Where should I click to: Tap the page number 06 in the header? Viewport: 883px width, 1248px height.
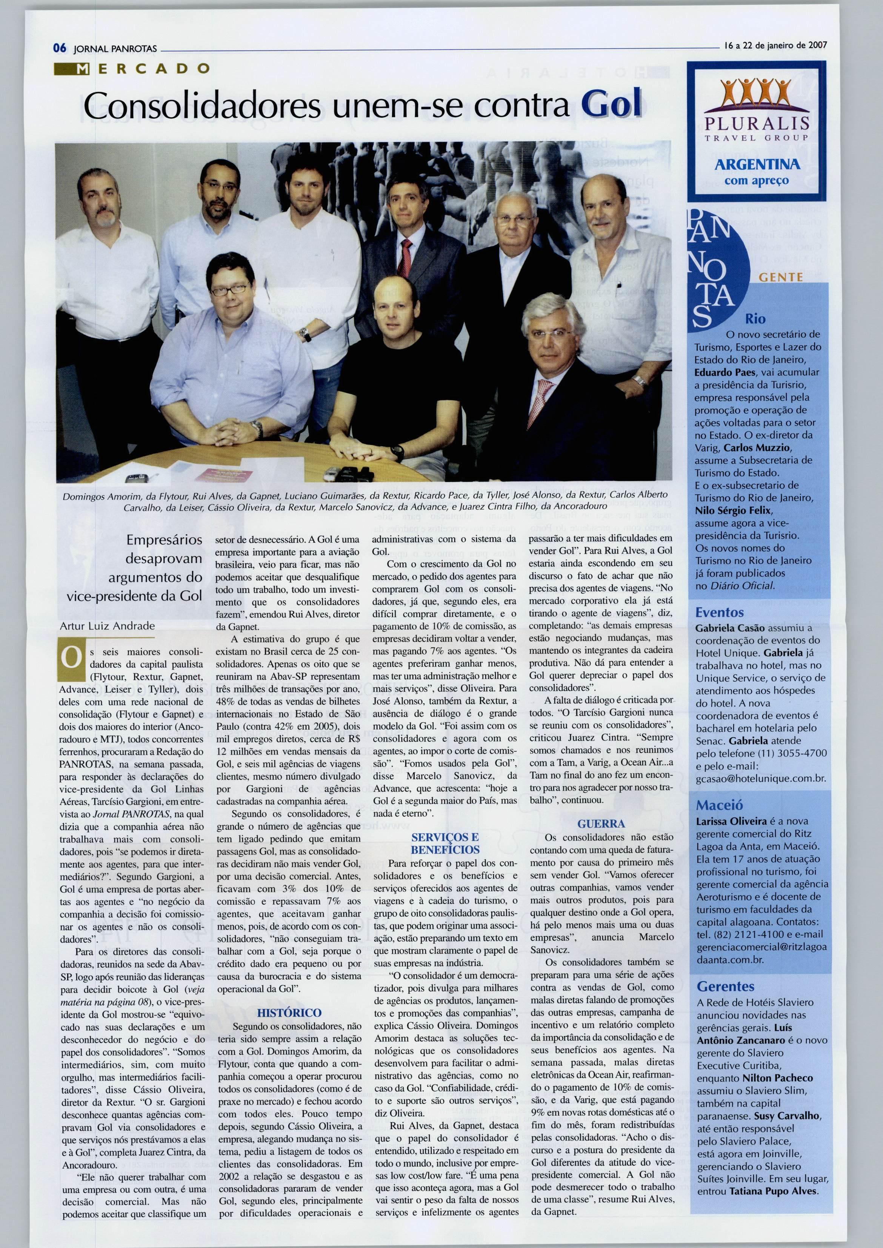(59, 48)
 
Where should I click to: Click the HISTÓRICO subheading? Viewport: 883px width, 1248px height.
(288, 1013)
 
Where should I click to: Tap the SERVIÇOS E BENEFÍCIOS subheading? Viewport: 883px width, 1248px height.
(445, 843)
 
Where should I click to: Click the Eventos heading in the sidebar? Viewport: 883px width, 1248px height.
(719, 612)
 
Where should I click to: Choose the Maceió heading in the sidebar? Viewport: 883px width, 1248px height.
(719, 805)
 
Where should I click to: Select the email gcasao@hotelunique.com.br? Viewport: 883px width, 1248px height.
(761, 778)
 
